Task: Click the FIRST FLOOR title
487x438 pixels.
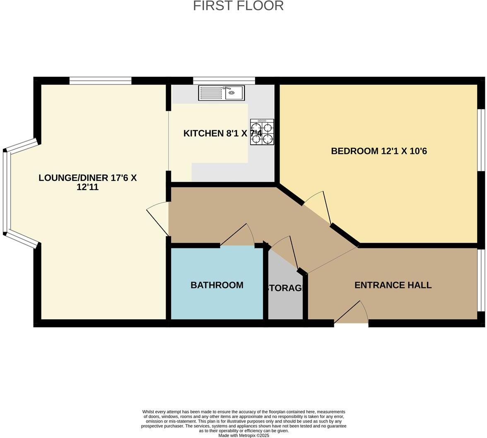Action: [x=238, y=6]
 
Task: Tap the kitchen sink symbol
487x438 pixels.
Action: [x=222, y=93]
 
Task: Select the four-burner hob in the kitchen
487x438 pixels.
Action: [x=262, y=132]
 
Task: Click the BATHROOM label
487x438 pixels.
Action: [x=217, y=285]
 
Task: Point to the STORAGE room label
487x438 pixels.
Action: [x=285, y=288]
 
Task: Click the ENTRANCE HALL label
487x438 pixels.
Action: [x=393, y=285]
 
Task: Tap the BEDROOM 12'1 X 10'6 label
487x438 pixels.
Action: [x=379, y=151]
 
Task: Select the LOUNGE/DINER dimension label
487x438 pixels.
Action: [x=87, y=182]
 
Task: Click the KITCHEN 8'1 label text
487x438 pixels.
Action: [x=215, y=133]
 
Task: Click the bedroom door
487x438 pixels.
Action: [x=320, y=207]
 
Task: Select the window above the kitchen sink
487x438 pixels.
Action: [x=224, y=81]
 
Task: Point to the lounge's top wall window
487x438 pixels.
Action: [x=100, y=81]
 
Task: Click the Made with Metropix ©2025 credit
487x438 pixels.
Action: [x=244, y=436]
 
